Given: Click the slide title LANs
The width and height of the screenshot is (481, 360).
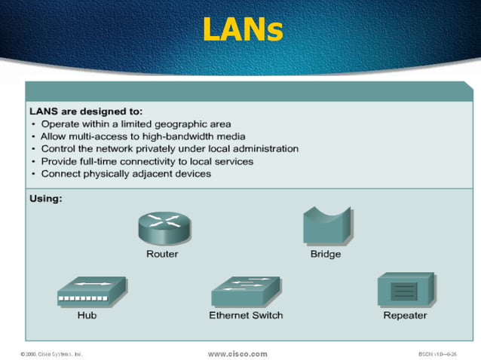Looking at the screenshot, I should [242, 29].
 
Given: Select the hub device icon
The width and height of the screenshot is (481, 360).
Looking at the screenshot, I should [91, 291].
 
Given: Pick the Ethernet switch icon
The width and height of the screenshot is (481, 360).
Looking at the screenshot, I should [245, 290].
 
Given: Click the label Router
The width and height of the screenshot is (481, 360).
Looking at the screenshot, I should [162, 254].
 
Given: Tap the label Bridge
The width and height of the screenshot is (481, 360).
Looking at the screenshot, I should [326, 254].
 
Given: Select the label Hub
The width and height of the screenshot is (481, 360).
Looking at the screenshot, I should [87, 315].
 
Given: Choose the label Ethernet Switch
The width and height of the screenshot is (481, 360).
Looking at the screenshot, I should [246, 315].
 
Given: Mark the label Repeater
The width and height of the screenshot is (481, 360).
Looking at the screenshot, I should [405, 315].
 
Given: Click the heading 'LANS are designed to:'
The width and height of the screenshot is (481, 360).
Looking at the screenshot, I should [85, 111].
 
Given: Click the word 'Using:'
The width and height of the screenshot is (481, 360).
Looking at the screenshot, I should [45, 199].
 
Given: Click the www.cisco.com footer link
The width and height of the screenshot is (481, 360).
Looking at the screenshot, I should [237, 353].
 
